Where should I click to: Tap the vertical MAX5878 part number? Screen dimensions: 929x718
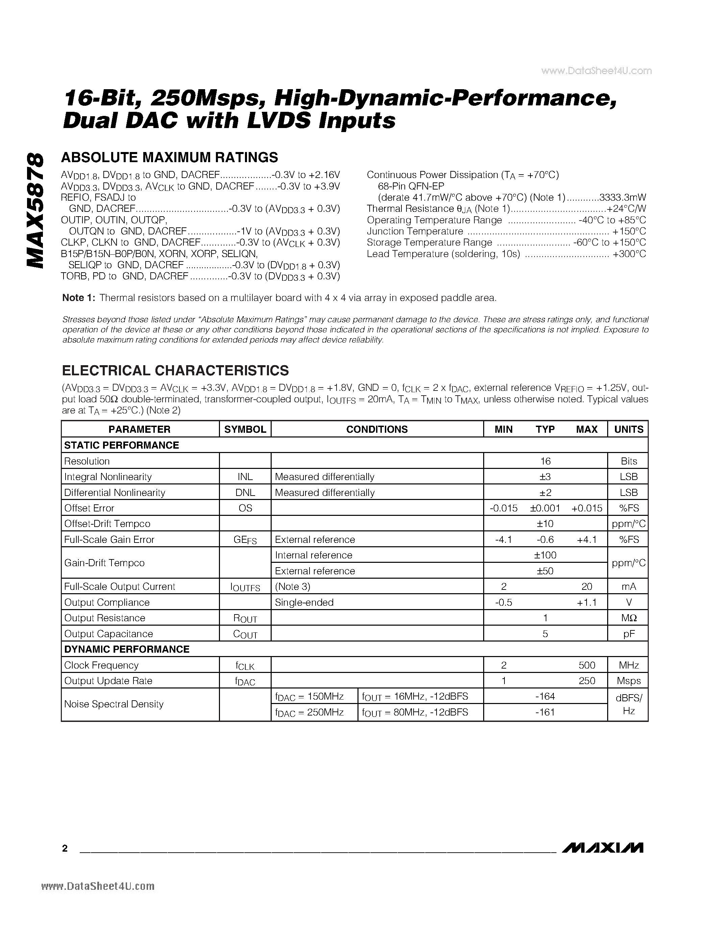click(35, 210)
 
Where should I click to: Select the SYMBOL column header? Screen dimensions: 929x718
click(245, 429)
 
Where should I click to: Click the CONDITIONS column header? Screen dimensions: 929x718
click(377, 429)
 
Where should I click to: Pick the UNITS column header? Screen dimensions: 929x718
click(628, 429)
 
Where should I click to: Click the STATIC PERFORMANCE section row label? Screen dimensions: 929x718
click(121, 445)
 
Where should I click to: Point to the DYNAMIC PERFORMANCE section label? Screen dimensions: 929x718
click(126, 649)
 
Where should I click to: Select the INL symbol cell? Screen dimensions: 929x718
click(245, 477)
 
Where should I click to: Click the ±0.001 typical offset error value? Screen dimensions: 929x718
click(545, 508)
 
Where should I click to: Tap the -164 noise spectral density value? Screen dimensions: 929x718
click(545, 696)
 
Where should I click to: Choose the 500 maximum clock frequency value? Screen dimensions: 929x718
click(587, 665)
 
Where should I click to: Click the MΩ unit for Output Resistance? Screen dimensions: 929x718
click(628, 618)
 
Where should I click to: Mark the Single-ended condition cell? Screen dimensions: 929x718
click(304, 602)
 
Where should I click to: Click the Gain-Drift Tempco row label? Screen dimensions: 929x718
click(104, 563)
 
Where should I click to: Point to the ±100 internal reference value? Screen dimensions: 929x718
click(545, 555)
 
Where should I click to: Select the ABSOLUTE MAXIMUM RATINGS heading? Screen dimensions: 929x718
click(169, 157)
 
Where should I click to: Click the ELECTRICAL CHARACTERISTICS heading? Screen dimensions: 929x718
click(175, 371)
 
